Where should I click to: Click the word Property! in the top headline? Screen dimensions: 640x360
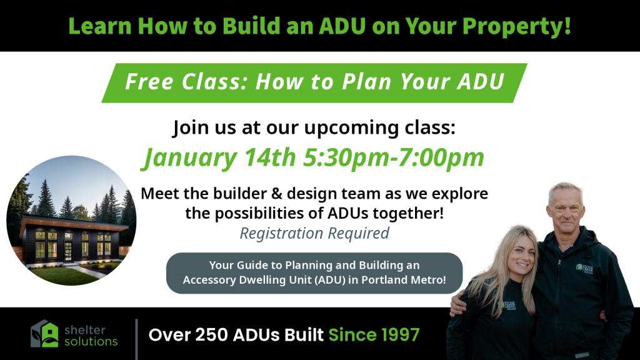(x=516, y=26)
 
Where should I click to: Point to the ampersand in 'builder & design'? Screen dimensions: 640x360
(x=277, y=194)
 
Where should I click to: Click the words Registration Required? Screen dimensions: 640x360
(x=314, y=234)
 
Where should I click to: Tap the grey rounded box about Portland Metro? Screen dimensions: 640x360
(x=314, y=273)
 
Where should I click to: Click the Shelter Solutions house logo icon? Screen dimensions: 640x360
(x=44, y=334)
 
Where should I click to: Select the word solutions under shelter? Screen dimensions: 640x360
(x=91, y=341)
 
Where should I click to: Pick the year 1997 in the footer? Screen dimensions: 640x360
(x=401, y=335)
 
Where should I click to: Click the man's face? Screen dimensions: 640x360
(x=565, y=210)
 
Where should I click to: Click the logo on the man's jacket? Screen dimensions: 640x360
(x=585, y=268)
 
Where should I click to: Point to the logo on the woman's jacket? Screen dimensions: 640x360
(x=509, y=305)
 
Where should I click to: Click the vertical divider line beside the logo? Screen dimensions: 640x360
(x=136, y=339)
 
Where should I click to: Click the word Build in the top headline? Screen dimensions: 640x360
(x=247, y=26)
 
